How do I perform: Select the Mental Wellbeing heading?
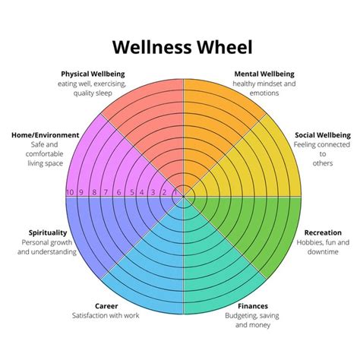coord(264,74)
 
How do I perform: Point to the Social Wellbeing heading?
coord(322,134)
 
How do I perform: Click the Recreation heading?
coord(327,232)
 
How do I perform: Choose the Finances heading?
coord(252,306)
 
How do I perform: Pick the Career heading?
coord(106,306)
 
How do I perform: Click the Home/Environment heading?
coord(45,134)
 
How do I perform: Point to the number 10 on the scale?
coord(71,193)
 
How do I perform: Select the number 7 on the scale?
coord(107,193)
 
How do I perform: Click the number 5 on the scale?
coord(131,193)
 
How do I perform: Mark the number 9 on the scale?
coord(83,193)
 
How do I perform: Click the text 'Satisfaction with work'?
coord(106,315)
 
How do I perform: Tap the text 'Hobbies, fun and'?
coord(327,242)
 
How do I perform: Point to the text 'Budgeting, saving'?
coord(252,315)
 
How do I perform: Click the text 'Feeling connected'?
coord(322,144)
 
